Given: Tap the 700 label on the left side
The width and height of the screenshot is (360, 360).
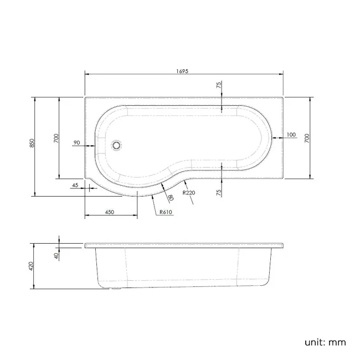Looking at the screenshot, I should tap(55, 138).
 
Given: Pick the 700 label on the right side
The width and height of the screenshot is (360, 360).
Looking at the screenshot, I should tap(308, 138).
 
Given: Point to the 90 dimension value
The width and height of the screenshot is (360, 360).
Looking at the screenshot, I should tap(76, 143).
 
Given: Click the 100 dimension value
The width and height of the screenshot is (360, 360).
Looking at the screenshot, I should tap(292, 135).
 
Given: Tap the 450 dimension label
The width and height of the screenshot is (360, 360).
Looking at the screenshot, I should tap(110, 212).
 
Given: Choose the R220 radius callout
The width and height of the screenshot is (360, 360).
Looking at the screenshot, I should tap(189, 193).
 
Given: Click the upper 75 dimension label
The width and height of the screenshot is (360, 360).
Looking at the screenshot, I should tap(219, 85).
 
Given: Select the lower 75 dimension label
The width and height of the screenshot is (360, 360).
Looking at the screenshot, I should tap(219, 193).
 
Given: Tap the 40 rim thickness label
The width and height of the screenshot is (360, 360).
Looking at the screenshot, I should tap(55, 255).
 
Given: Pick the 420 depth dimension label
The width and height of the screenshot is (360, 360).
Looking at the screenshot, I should tap(32, 266).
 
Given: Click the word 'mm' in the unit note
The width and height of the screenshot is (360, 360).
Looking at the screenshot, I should tap(338, 342).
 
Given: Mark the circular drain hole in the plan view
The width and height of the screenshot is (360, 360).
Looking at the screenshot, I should tap(116, 146).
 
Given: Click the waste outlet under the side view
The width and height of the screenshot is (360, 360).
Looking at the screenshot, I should tap(115, 289).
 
